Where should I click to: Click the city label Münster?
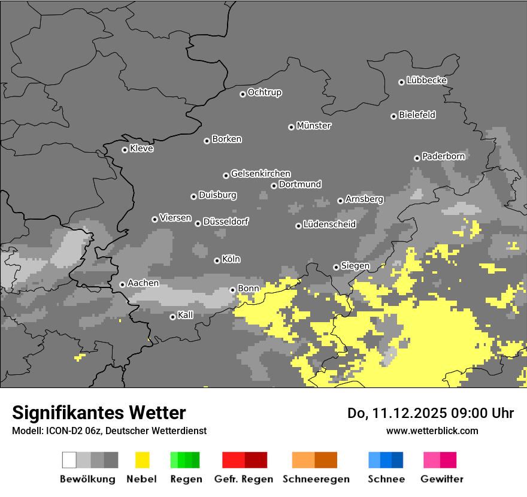pyautogui.click(x=314, y=126)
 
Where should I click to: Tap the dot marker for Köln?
pyautogui.click(x=217, y=260)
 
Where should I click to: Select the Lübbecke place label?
pyautogui.click(x=427, y=80)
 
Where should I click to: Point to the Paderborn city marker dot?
pyautogui.click(x=417, y=158)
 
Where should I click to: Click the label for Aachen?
pyautogui.click(x=143, y=283)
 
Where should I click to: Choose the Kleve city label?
pyautogui.click(x=142, y=149)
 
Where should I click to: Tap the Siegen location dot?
pyautogui.click(x=336, y=267)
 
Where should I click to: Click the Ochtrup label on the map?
pyautogui.click(x=265, y=92)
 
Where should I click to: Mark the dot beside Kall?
pyautogui.click(x=172, y=317)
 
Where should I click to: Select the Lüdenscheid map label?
pyautogui.click(x=329, y=225)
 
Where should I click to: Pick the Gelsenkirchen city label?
pyautogui.click(x=261, y=174)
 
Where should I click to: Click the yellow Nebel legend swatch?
pyautogui.click(x=142, y=460)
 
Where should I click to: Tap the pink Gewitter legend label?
pyautogui.click(x=442, y=479)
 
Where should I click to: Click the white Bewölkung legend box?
pyautogui.click(x=69, y=460)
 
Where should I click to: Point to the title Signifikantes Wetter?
pyautogui.click(x=99, y=413)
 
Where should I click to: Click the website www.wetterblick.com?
pyautogui.click(x=432, y=431)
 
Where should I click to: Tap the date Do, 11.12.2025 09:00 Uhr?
pyautogui.click(x=431, y=413)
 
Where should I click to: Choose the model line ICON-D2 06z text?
pyautogui.click(x=109, y=431)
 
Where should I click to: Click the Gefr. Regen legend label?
pyautogui.click(x=244, y=479)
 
